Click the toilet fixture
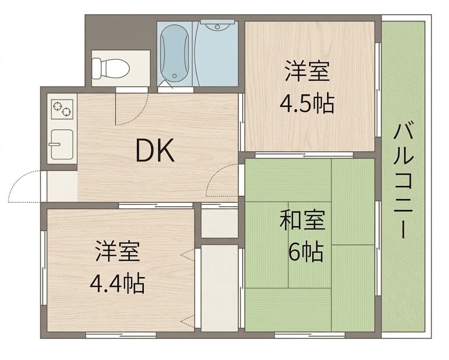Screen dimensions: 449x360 [x=110, y=68]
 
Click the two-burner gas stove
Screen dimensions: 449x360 [x=62, y=109]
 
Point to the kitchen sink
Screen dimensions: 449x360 [x=62, y=144]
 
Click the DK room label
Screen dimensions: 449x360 [x=155, y=150]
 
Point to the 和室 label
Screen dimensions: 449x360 [x=303, y=220]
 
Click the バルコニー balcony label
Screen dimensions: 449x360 [x=403, y=180]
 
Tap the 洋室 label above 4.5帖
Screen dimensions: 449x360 [x=307, y=71]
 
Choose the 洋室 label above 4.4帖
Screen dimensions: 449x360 [x=118, y=251]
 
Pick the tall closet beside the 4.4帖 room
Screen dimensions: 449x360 [x=220, y=288]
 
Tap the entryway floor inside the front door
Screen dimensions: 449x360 [x=62, y=186]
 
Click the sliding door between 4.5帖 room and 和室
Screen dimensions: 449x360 [x=304, y=155]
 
